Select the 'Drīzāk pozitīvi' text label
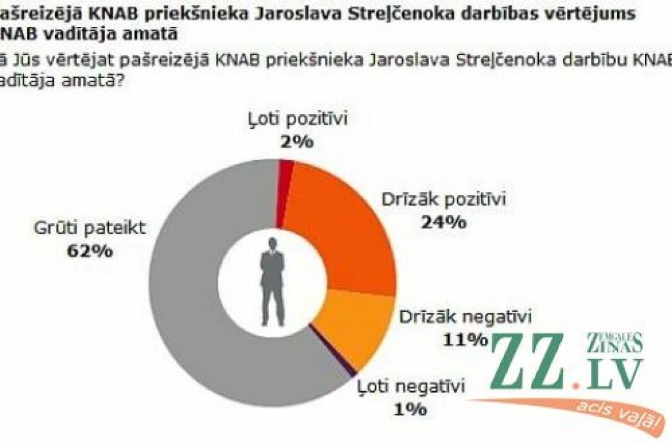pos(444,200)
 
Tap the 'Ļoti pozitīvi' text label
pos(296,119)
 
